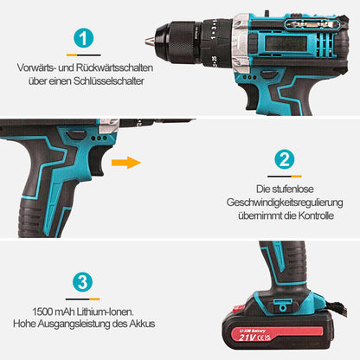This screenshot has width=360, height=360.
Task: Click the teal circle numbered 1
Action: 83,38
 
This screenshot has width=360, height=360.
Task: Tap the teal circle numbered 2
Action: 285,159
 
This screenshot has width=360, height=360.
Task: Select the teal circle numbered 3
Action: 83,282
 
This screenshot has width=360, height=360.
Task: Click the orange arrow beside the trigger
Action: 126,163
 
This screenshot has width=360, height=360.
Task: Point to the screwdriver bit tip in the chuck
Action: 150,40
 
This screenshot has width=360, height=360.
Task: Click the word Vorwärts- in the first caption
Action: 35,67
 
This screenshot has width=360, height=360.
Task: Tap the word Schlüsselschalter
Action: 109,80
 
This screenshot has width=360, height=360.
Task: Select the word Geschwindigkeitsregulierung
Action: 285,202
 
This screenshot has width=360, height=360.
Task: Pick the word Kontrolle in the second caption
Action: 316,215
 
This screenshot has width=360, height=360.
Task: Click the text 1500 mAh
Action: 54,312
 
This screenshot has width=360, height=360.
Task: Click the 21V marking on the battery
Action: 247,337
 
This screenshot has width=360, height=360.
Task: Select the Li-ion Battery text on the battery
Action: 253,331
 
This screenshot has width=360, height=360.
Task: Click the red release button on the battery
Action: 239,308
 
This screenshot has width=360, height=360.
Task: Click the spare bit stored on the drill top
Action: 311,24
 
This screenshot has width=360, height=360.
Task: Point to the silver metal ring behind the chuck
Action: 241,42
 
